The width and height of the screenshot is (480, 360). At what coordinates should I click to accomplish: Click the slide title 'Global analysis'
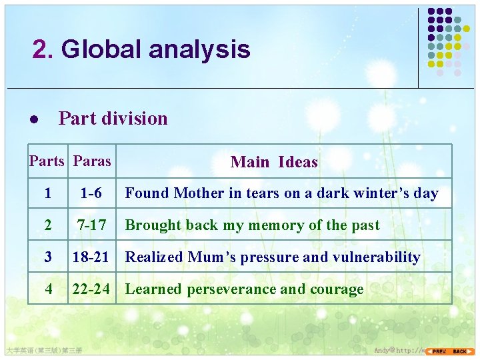155,49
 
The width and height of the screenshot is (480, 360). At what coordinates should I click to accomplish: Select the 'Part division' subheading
113,119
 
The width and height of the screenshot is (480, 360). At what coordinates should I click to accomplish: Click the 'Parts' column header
47,161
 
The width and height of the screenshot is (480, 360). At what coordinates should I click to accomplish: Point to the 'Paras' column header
92,161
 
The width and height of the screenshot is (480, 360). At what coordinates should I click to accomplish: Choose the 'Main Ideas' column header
273,162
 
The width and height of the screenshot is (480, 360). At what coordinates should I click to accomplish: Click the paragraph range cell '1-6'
91,193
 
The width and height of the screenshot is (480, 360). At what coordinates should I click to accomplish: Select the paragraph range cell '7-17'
91,225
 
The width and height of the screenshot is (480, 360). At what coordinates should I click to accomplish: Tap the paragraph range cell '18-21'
91,257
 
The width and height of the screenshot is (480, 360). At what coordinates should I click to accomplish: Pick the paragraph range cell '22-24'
91,289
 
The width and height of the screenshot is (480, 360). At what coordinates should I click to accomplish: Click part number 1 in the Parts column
47,193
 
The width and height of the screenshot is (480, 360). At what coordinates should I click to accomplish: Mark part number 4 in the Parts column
47,289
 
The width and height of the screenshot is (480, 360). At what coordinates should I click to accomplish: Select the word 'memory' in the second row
275,225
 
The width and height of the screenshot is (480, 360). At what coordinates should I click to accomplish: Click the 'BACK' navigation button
460,351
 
